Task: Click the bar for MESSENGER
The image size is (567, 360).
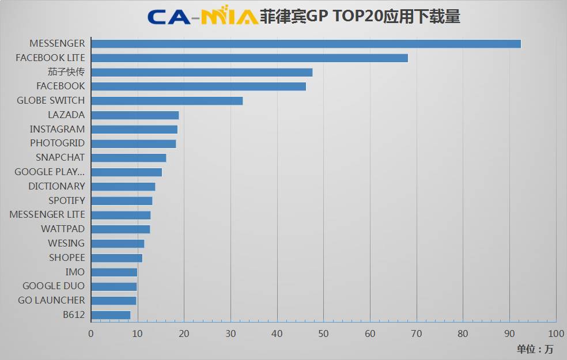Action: click(305, 44)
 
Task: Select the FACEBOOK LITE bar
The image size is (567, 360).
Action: click(249, 58)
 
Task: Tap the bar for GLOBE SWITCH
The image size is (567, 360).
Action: click(167, 101)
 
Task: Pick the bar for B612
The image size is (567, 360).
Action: click(111, 315)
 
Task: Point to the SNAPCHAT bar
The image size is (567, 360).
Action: click(128, 158)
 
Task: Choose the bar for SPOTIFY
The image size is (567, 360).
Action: click(122, 201)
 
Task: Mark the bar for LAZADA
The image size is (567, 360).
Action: click(135, 115)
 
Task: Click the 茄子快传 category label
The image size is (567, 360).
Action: click(66, 72)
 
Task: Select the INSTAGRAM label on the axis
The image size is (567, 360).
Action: click(57, 129)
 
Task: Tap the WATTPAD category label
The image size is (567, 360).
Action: click(63, 229)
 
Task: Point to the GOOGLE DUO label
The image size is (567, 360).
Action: click(54, 286)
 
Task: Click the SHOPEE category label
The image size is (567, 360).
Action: click(67, 257)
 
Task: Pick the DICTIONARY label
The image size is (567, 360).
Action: click(56, 186)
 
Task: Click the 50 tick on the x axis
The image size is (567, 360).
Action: click(323, 334)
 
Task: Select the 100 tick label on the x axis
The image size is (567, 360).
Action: click(555, 334)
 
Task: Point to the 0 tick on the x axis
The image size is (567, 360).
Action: click(91, 334)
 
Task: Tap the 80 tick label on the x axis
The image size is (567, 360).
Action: click(463, 334)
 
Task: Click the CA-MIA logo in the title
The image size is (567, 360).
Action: click(202, 16)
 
